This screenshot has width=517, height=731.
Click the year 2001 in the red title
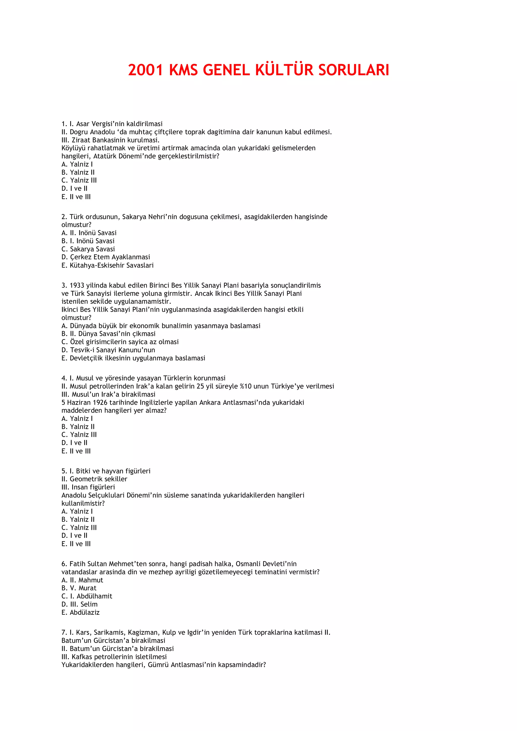point(146,70)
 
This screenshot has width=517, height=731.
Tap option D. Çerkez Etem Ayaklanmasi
point(106,257)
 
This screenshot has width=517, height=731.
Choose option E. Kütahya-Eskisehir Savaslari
point(107,265)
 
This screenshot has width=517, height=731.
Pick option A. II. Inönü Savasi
point(89,233)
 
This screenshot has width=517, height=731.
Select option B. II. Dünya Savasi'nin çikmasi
point(108,334)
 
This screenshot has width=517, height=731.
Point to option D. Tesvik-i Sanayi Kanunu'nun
point(108,350)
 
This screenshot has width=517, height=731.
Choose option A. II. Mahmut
point(82,580)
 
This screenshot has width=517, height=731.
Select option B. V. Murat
point(79,588)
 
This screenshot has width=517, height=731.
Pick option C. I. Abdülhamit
point(87,596)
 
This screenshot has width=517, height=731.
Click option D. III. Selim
point(79,604)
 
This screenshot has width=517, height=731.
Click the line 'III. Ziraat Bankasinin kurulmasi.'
point(110,140)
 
